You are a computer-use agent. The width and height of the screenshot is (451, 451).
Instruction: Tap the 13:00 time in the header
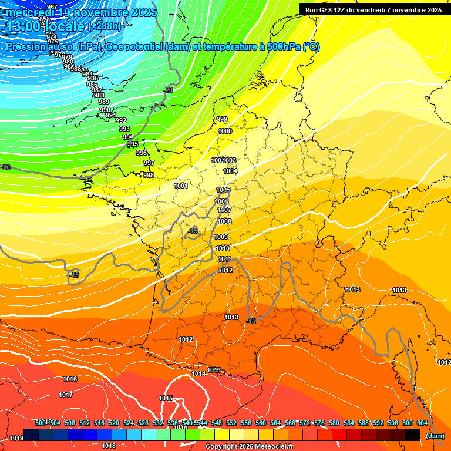(21, 26)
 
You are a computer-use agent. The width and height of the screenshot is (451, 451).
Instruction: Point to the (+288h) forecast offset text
(104, 26)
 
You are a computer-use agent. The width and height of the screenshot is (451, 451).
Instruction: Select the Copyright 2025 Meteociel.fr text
(249, 447)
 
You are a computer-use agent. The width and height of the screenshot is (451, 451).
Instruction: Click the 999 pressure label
(222, 119)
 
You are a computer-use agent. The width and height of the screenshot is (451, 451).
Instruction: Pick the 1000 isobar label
(225, 131)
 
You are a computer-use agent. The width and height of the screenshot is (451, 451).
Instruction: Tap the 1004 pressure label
(230, 171)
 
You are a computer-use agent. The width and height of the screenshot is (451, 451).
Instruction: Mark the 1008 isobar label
(225, 221)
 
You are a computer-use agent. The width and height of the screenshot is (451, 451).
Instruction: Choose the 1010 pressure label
(223, 248)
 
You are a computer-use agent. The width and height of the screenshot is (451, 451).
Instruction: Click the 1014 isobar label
(198, 373)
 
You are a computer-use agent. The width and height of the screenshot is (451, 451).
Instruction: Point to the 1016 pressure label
(70, 379)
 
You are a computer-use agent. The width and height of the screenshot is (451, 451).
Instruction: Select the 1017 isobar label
(66, 395)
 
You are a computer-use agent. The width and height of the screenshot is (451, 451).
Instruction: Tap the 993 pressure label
(124, 129)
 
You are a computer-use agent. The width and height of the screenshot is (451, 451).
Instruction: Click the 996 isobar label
(141, 153)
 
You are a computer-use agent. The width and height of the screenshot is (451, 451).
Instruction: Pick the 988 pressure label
(99, 95)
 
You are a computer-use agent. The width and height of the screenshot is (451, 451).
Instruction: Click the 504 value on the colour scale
(55, 423)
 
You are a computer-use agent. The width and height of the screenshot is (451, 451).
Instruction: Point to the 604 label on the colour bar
(422, 423)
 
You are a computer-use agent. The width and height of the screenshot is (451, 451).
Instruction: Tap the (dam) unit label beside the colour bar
(435, 436)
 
